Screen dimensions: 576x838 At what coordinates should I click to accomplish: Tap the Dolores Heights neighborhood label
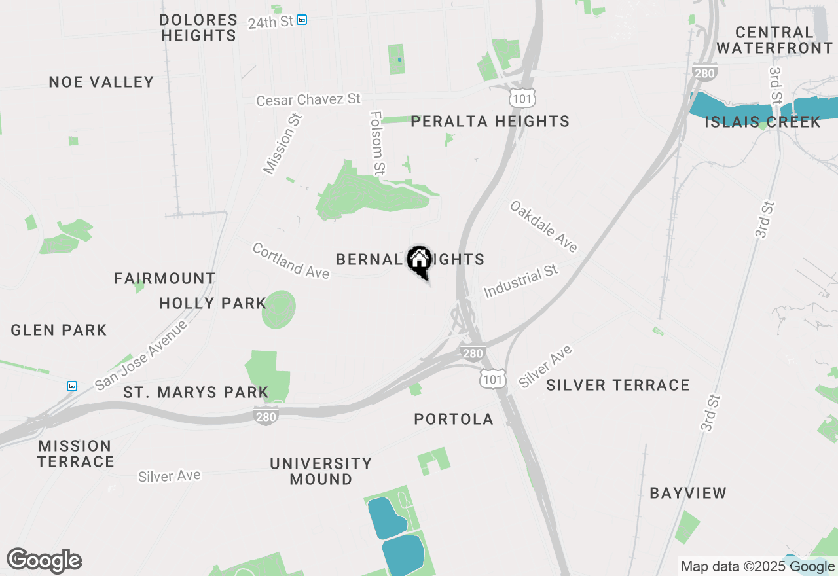pyautogui.click(x=198, y=27)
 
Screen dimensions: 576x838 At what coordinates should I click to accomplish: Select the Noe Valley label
pyautogui.click(x=101, y=82)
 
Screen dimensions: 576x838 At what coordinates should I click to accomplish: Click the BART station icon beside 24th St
pyautogui.click(x=302, y=20)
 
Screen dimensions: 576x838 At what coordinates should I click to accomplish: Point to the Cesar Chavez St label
pyautogui.click(x=308, y=100)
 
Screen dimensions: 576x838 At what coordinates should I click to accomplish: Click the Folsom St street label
pyautogui.click(x=376, y=143)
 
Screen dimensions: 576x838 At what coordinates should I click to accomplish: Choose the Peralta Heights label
pyautogui.click(x=490, y=121)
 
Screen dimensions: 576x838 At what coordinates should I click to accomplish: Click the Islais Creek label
pyautogui.click(x=762, y=122)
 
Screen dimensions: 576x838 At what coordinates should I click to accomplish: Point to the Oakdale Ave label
pyautogui.click(x=544, y=226)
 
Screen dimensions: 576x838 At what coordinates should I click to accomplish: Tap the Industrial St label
pyautogui.click(x=520, y=281)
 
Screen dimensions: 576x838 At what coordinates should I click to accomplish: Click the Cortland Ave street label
pyautogui.click(x=291, y=261)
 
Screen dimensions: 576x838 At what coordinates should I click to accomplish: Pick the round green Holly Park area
pyautogui.click(x=279, y=310)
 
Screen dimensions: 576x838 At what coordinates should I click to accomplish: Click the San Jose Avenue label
pyautogui.click(x=141, y=355)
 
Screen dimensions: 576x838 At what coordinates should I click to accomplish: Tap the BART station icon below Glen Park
pyautogui.click(x=72, y=386)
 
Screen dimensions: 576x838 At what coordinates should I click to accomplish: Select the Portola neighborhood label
pyautogui.click(x=454, y=419)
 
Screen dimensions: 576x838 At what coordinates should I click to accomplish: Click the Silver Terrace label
pyautogui.click(x=617, y=385)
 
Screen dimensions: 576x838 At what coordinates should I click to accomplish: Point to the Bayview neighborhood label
pyautogui.click(x=688, y=493)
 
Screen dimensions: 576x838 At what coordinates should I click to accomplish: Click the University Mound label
pyautogui.click(x=321, y=471)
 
